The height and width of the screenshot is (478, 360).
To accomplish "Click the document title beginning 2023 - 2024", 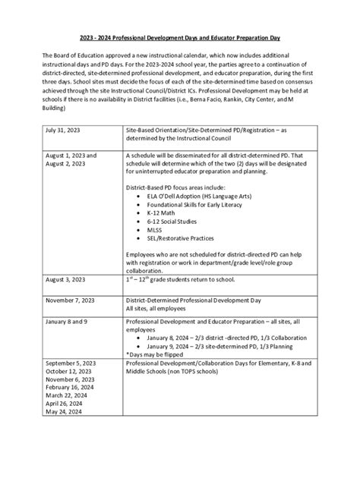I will click(x=180, y=37).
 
